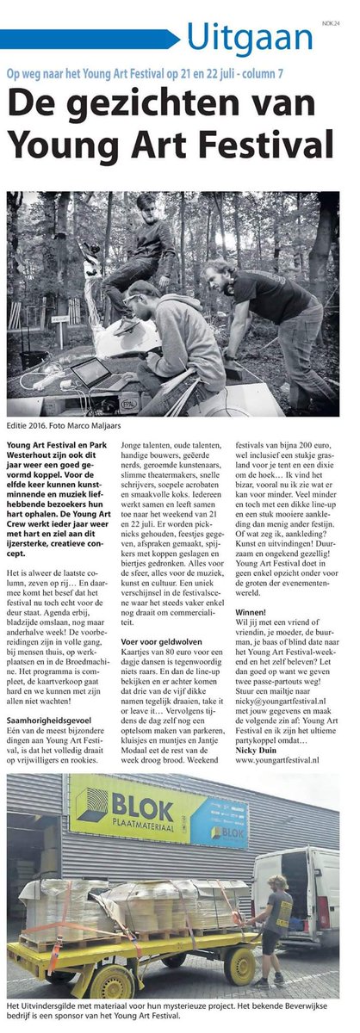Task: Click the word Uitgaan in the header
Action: [249, 38]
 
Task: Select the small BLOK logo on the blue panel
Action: [227, 833]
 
